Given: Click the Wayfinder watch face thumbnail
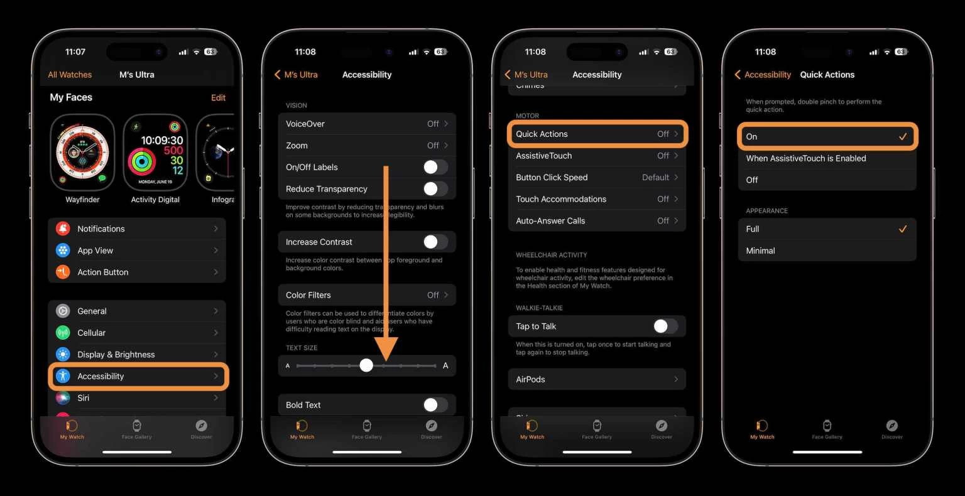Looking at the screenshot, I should point(82,153).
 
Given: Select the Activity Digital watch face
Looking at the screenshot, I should point(155,153).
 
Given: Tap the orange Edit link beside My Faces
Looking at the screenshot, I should point(218,97).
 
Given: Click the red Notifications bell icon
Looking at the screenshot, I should point(63,229).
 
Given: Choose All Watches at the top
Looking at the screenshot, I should point(70,75).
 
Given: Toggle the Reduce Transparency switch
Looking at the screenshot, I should point(435,188).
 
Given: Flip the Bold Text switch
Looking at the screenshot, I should point(435,405).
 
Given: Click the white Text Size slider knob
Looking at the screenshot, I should point(366,365).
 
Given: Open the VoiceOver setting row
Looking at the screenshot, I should point(367,124).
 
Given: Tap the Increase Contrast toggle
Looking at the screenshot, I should point(435,242).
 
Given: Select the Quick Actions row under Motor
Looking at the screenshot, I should point(597,134).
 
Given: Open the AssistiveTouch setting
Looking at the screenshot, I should point(597,156).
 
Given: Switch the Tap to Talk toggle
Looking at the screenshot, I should point(665,326).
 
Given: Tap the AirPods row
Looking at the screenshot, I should point(597,379).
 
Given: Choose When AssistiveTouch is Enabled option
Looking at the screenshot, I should point(827,158).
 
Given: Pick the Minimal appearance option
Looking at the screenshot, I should point(827,251).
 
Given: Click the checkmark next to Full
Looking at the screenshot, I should point(903,229).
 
